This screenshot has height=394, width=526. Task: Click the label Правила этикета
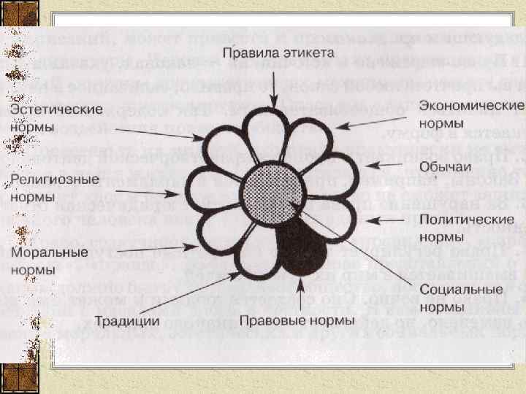pyautogui.click(x=278, y=54)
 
